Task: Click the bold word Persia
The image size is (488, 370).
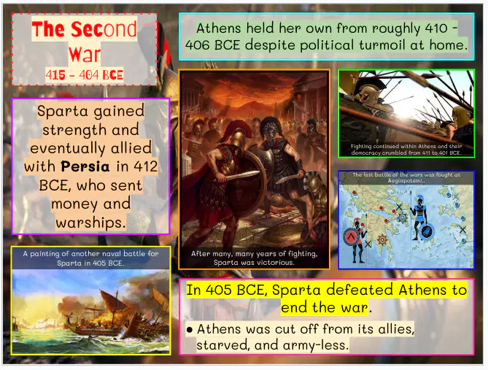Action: click(85, 166)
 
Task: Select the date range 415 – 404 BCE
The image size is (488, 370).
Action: click(85, 74)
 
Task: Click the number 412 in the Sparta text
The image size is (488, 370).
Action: click(146, 166)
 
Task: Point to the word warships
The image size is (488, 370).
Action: click(91, 223)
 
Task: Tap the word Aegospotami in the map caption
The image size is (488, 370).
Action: click(406, 181)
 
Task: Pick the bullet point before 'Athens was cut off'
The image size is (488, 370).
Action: click(189, 330)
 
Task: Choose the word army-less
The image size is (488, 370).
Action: click(316, 345)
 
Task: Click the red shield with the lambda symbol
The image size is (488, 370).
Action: click(352, 236)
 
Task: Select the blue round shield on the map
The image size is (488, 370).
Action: click(427, 232)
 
